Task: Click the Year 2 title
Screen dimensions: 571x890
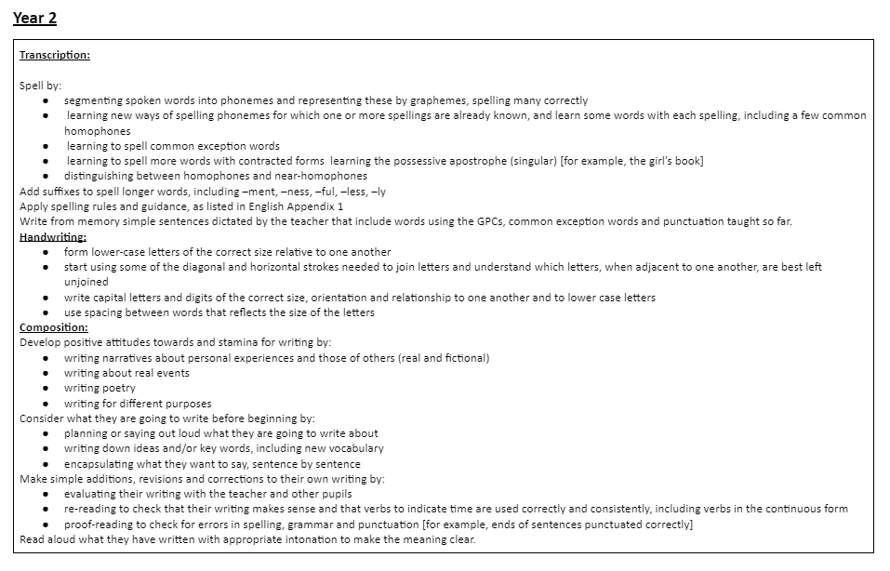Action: [x=34, y=18]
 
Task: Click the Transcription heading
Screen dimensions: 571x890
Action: [x=55, y=55]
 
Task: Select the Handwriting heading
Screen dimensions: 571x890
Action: [x=53, y=237]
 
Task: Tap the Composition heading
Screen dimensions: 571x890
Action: [x=54, y=327]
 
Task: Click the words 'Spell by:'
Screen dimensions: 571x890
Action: [x=40, y=86]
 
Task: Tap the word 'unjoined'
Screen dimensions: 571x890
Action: [x=86, y=282]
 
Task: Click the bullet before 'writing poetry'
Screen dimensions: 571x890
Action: [x=46, y=389]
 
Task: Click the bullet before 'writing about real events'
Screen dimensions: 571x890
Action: [x=46, y=374]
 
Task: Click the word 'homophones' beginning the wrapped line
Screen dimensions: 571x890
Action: [x=97, y=131]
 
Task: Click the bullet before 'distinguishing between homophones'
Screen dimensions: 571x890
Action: [x=46, y=176]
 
